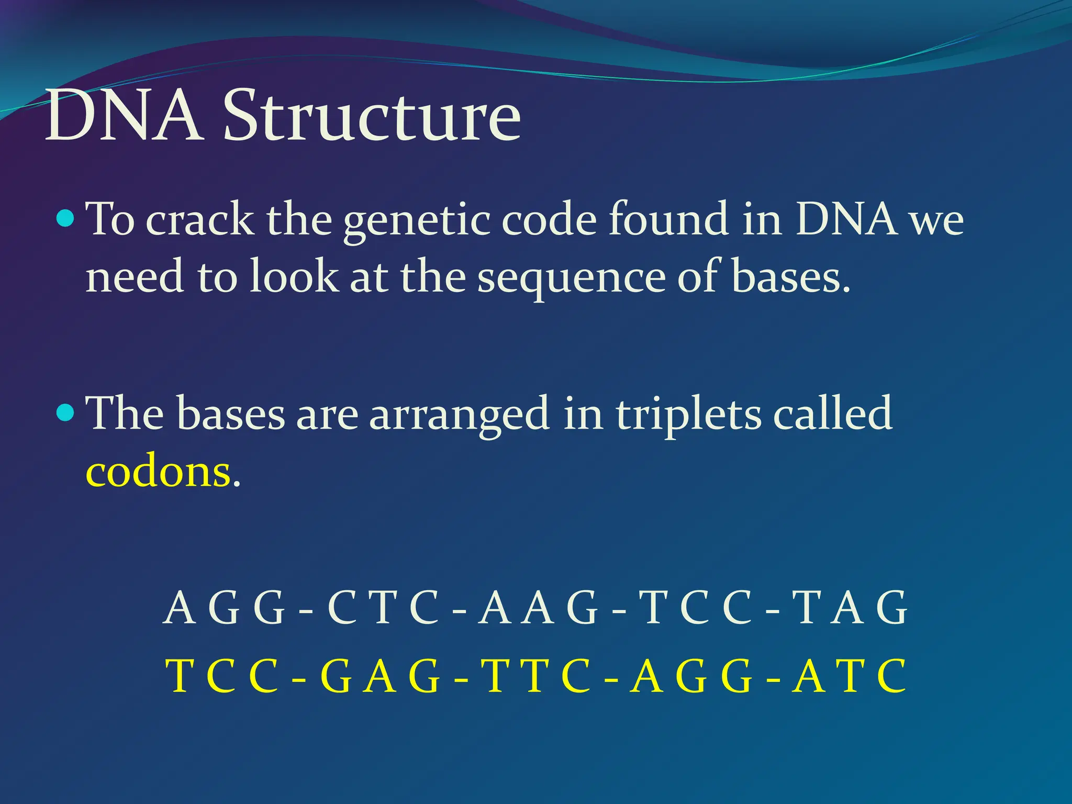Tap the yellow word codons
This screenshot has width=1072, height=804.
[x=157, y=471]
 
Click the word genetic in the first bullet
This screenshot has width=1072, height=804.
[x=417, y=220]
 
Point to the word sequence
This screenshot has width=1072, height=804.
[x=571, y=277]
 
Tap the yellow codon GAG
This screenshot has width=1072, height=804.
[x=380, y=676]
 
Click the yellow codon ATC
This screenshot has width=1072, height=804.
[x=849, y=676]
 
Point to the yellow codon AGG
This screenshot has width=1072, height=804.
[x=691, y=676]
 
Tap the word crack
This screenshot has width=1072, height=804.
[x=199, y=220]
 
